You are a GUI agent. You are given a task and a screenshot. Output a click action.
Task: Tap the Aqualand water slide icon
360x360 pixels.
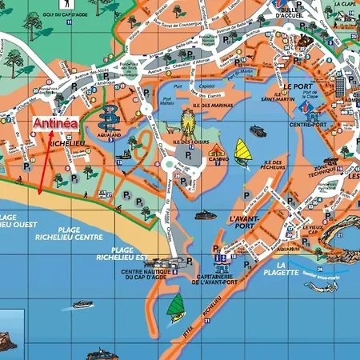coord(108,118)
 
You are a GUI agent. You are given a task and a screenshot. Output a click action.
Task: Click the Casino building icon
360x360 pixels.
coord(218,151)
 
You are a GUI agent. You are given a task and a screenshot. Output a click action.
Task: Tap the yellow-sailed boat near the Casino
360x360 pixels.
coord(242,150)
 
